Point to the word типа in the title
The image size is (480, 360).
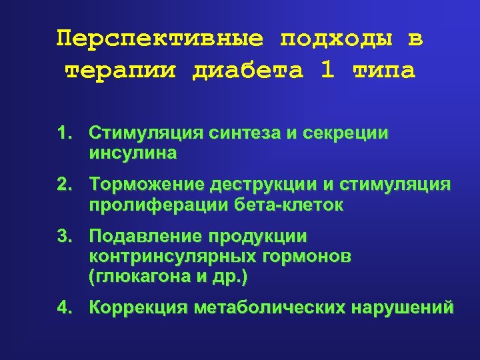click(385, 70)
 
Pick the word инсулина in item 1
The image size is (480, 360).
click(132, 154)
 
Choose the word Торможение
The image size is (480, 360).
click(147, 184)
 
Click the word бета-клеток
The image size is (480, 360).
click(289, 205)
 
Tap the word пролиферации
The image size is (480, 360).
click(158, 205)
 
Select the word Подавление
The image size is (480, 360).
click(145, 237)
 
